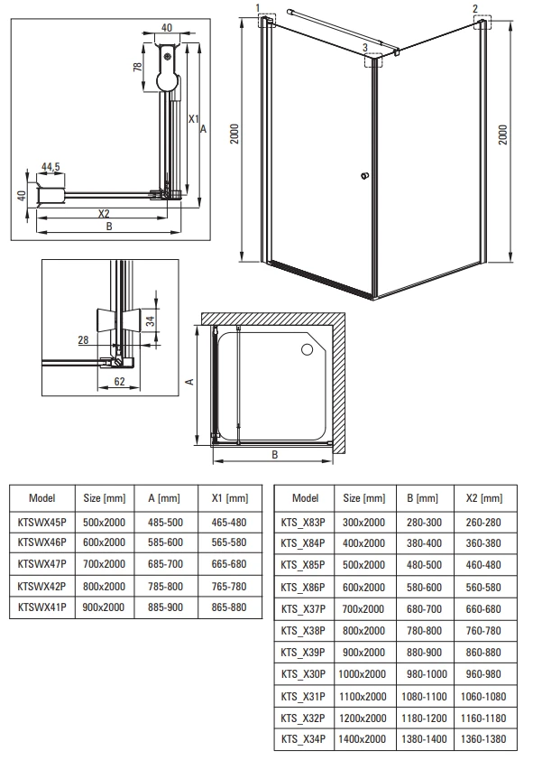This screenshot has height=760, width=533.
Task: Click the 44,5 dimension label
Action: [51, 167]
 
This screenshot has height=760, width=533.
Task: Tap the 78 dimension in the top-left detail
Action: [137, 67]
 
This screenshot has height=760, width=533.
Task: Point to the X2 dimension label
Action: [104, 213]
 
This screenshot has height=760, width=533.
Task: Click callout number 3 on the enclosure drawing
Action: [365, 48]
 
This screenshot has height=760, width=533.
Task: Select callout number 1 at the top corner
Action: [258, 8]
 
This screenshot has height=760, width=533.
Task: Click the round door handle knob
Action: [365, 175]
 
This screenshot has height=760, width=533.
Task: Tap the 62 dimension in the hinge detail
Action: [119, 382]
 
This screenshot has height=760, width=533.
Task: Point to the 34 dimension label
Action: [151, 320]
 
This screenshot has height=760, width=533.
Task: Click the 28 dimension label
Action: [83, 339]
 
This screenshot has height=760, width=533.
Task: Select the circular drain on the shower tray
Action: [307, 349]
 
